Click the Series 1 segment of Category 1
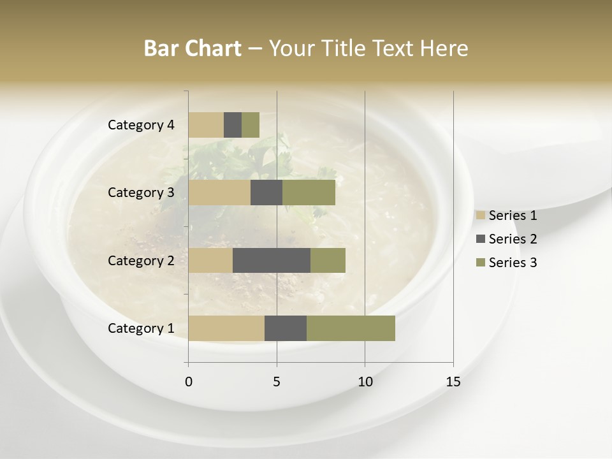pyautogui.click(x=226, y=328)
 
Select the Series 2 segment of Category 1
pyautogui.click(x=286, y=328)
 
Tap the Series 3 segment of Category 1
pyautogui.click(x=351, y=328)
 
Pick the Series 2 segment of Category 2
pyautogui.click(x=272, y=260)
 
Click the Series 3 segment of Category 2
pyautogui.click(x=328, y=260)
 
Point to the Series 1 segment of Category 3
pyautogui.click(x=219, y=193)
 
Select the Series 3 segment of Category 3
pyautogui.click(x=309, y=193)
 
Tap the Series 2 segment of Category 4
pyautogui.click(x=233, y=125)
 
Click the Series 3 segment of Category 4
pyautogui.click(x=251, y=125)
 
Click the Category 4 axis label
pyautogui.click(x=141, y=125)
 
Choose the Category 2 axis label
pyautogui.click(x=141, y=260)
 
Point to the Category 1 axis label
pyautogui.click(x=141, y=328)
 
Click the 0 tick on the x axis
pyautogui.click(x=189, y=382)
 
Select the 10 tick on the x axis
pyautogui.click(x=365, y=382)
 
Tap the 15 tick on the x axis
pyautogui.click(x=453, y=382)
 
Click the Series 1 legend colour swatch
pyautogui.click(x=480, y=215)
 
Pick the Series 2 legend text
pyautogui.click(x=513, y=239)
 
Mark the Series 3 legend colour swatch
pyautogui.click(x=480, y=263)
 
